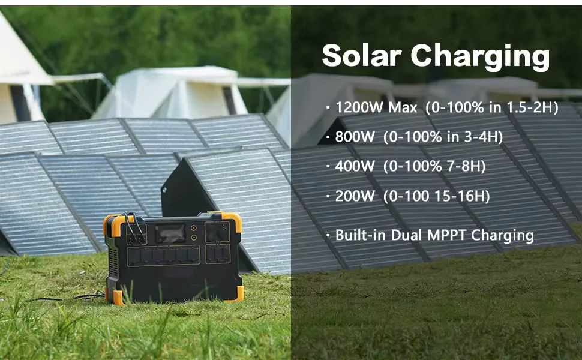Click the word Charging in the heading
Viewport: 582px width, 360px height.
[480, 57]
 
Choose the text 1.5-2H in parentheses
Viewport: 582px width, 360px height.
[530, 108]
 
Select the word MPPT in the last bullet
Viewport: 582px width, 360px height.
[447, 235]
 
